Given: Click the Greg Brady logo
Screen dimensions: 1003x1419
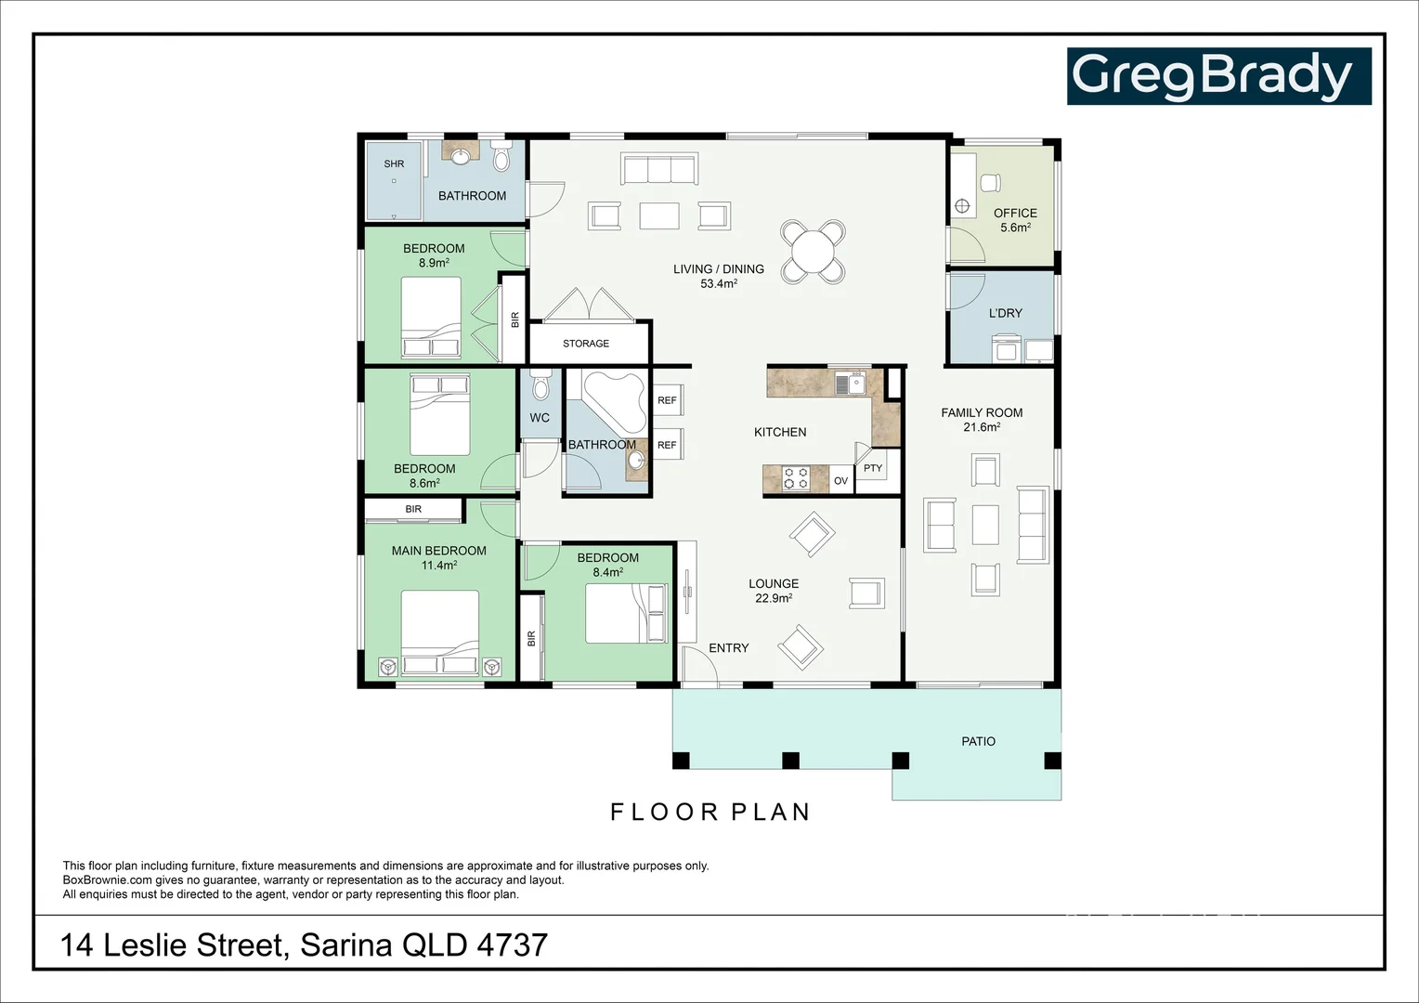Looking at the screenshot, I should [1218, 76].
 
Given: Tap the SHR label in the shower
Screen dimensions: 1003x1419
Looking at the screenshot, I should [394, 164].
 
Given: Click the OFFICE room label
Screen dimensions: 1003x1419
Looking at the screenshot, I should [1015, 213].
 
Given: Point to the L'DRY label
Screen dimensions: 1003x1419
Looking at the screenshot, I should [1005, 313].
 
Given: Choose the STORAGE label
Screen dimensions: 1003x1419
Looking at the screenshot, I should [586, 344].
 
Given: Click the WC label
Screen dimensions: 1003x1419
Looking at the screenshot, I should [540, 418].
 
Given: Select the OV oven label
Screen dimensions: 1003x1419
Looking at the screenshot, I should [840, 481].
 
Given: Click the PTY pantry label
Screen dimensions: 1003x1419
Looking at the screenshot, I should [873, 468].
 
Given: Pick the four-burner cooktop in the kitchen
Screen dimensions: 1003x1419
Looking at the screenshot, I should [796, 479].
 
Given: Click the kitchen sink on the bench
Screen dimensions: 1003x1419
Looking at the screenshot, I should [849, 383].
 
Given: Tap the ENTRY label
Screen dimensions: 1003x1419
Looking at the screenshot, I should [728, 648].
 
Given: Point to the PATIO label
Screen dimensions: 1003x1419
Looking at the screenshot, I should [978, 741].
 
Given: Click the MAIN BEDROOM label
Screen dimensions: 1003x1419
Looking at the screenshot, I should [438, 551].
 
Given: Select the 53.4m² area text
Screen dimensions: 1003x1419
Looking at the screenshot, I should [718, 284].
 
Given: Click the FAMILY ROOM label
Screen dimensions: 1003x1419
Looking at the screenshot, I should [982, 412].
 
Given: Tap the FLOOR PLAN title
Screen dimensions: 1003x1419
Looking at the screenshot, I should [710, 812].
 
